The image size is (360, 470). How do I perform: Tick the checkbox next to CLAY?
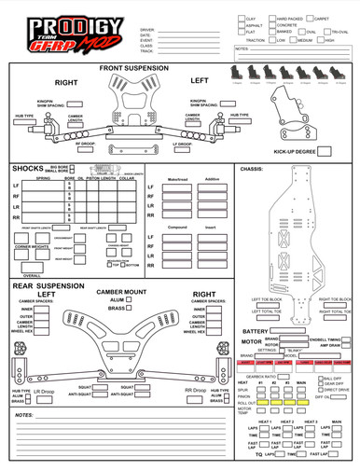[x=241, y=19]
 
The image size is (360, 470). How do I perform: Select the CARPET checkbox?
[x=311, y=19]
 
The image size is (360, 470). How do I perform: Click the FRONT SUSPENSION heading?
[x=134, y=69]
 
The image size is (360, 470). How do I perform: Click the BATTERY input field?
[x=304, y=330]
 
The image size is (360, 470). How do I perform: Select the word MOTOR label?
[x=252, y=341]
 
